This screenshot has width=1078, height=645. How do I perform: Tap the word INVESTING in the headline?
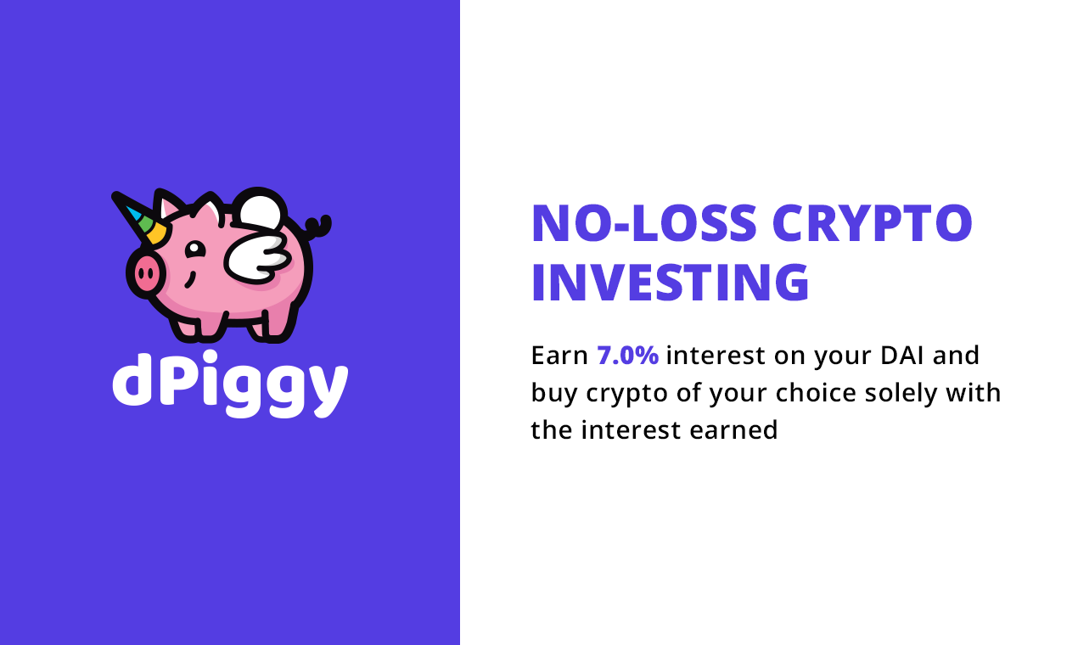tap(670, 283)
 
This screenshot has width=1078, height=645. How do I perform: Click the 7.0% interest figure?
tap(627, 355)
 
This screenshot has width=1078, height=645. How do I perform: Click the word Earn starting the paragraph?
tap(559, 355)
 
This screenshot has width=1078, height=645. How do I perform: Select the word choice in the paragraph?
tap(814, 393)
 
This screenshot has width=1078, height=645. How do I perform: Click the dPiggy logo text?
tap(230, 384)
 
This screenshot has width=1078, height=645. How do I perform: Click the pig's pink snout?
tap(145, 274)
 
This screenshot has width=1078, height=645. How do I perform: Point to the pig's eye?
tap(194, 250)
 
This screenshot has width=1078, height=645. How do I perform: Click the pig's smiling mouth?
tap(190, 279)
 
